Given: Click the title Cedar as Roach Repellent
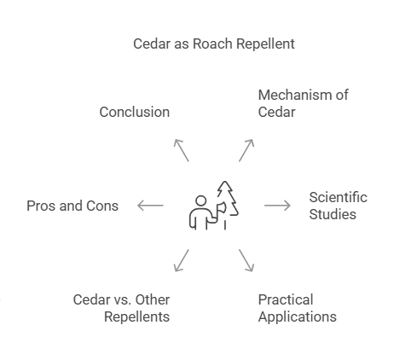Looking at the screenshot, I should tap(214, 44).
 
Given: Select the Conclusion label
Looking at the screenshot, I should tap(134, 112).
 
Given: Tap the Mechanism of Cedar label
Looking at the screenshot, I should tap(303, 103).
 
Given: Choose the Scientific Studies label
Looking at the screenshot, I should tap(338, 206).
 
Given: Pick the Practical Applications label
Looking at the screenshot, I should tap(297, 308).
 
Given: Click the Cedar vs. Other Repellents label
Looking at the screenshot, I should tap(121, 308).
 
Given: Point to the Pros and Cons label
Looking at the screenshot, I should tap(72, 206).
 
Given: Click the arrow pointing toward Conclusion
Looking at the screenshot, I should tap(181, 149).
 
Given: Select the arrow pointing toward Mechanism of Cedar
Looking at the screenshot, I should tap(246, 149).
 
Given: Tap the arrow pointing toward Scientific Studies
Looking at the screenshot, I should tap(277, 206).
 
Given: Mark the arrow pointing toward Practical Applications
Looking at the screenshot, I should tap(246, 260).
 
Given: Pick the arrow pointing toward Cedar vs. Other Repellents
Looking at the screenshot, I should tap(182, 260).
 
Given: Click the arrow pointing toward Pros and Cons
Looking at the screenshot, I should tap(150, 206).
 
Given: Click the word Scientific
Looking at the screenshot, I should tap(338, 197).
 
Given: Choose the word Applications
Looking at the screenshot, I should tap(297, 316).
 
